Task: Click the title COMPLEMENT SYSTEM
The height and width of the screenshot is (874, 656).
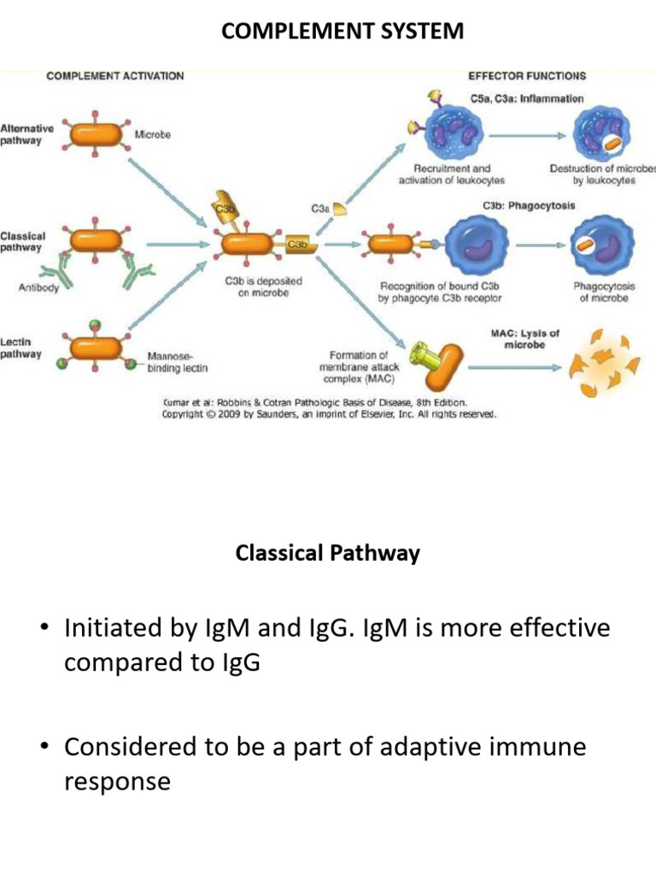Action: (x=343, y=32)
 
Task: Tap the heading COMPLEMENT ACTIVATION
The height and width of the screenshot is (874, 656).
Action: (x=114, y=76)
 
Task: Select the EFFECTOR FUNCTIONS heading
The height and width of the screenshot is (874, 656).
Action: (x=527, y=76)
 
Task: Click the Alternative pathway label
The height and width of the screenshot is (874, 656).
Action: (x=26, y=134)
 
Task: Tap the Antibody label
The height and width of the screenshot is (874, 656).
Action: (x=39, y=288)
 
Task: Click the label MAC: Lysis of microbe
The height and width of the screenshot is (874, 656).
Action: (x=524, y=339)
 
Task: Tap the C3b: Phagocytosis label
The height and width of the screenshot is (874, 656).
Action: (x=529, y=206)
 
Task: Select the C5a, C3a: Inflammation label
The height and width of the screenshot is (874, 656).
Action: (x=527, y=99)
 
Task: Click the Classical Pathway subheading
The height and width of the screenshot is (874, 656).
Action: (x=327, y=553)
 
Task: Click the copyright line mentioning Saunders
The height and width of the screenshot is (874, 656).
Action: (x=330, y=414)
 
